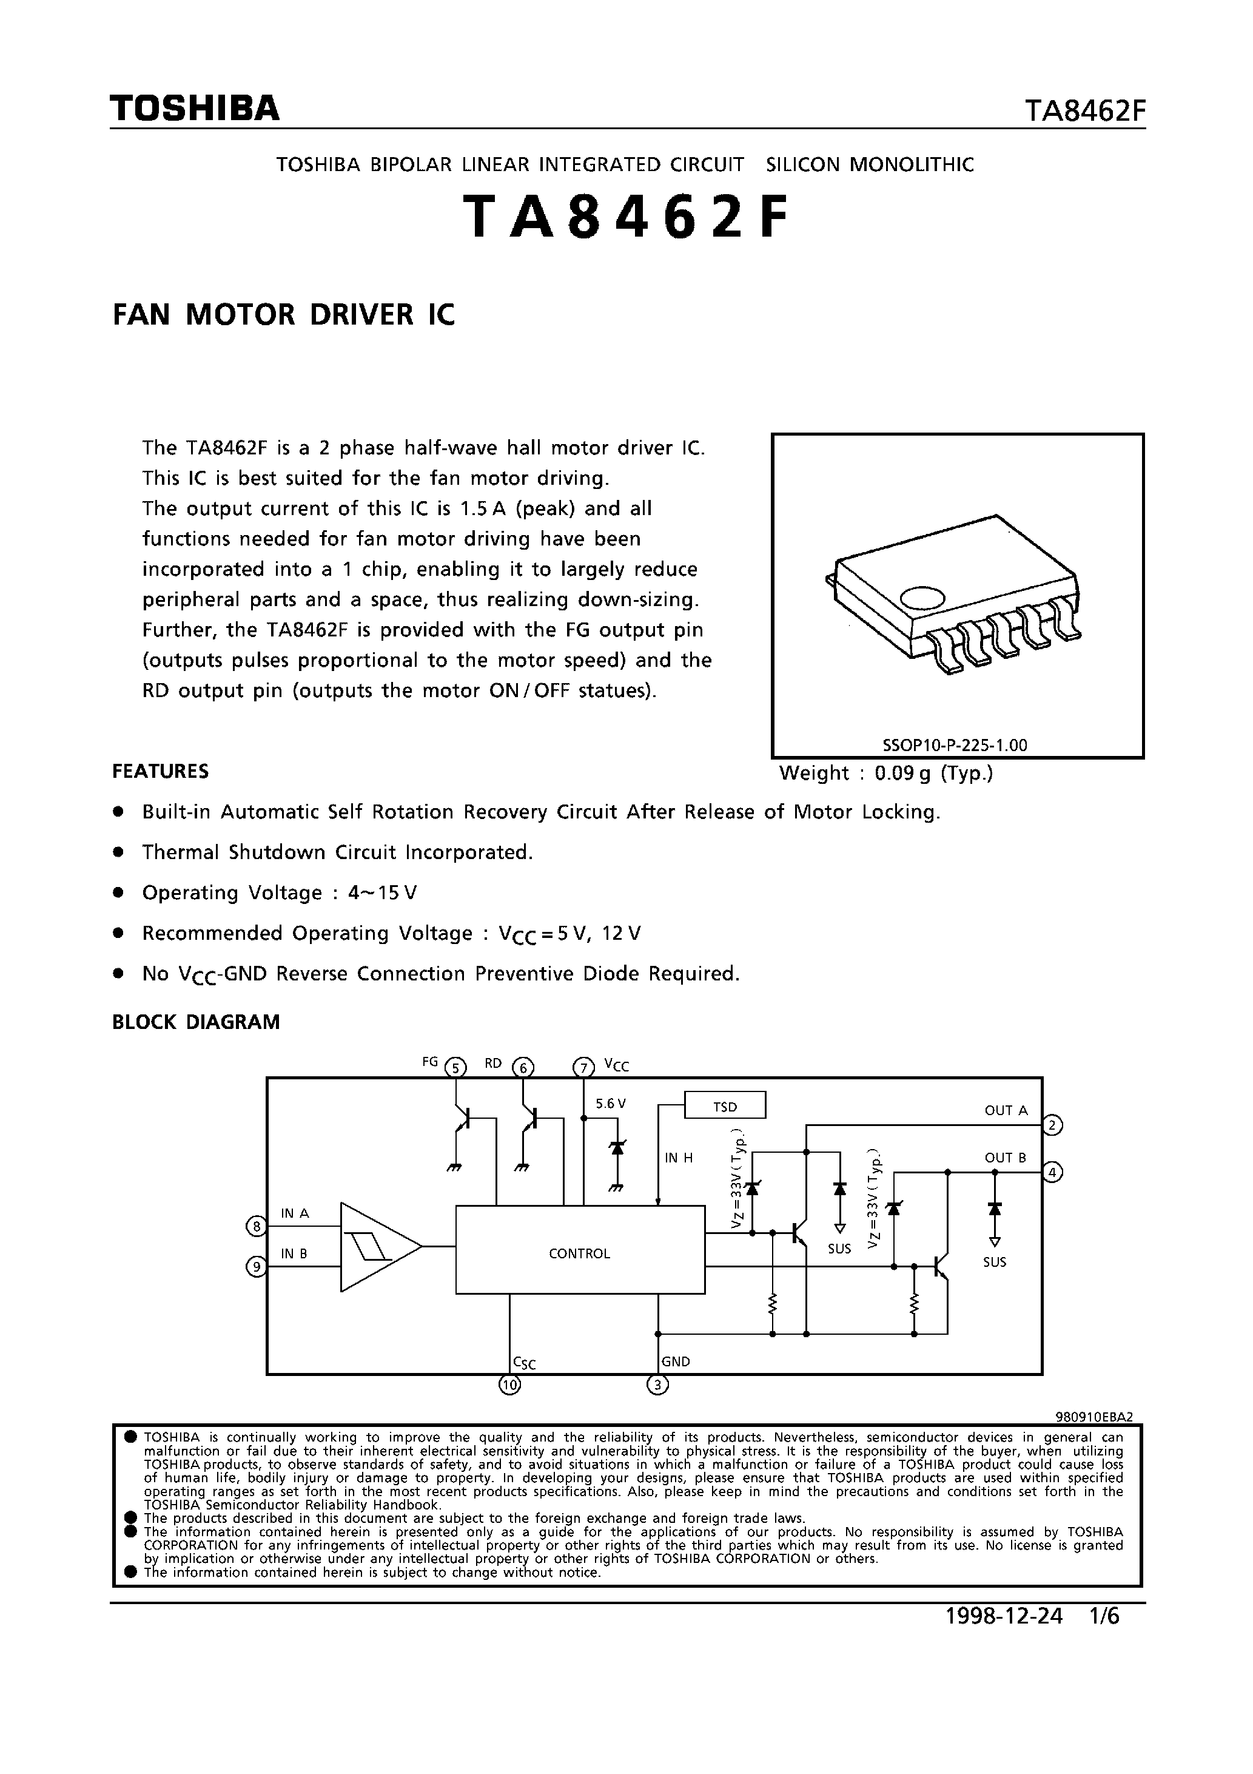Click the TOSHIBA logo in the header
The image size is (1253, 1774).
(195, 109)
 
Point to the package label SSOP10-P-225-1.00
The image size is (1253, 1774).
(955, 745)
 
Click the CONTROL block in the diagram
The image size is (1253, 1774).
(579, 1254)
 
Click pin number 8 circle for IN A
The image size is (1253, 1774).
(255, 1226)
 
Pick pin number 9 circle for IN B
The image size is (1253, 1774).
(255, 1266)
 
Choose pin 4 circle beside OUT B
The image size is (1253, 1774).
(1052, 1172)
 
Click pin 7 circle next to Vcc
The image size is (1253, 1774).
(583, 1068)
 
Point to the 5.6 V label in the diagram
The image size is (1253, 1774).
(610, 1104)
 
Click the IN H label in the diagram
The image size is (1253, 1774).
(679, 1158)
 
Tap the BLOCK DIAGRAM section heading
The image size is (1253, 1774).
(197, 1022)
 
